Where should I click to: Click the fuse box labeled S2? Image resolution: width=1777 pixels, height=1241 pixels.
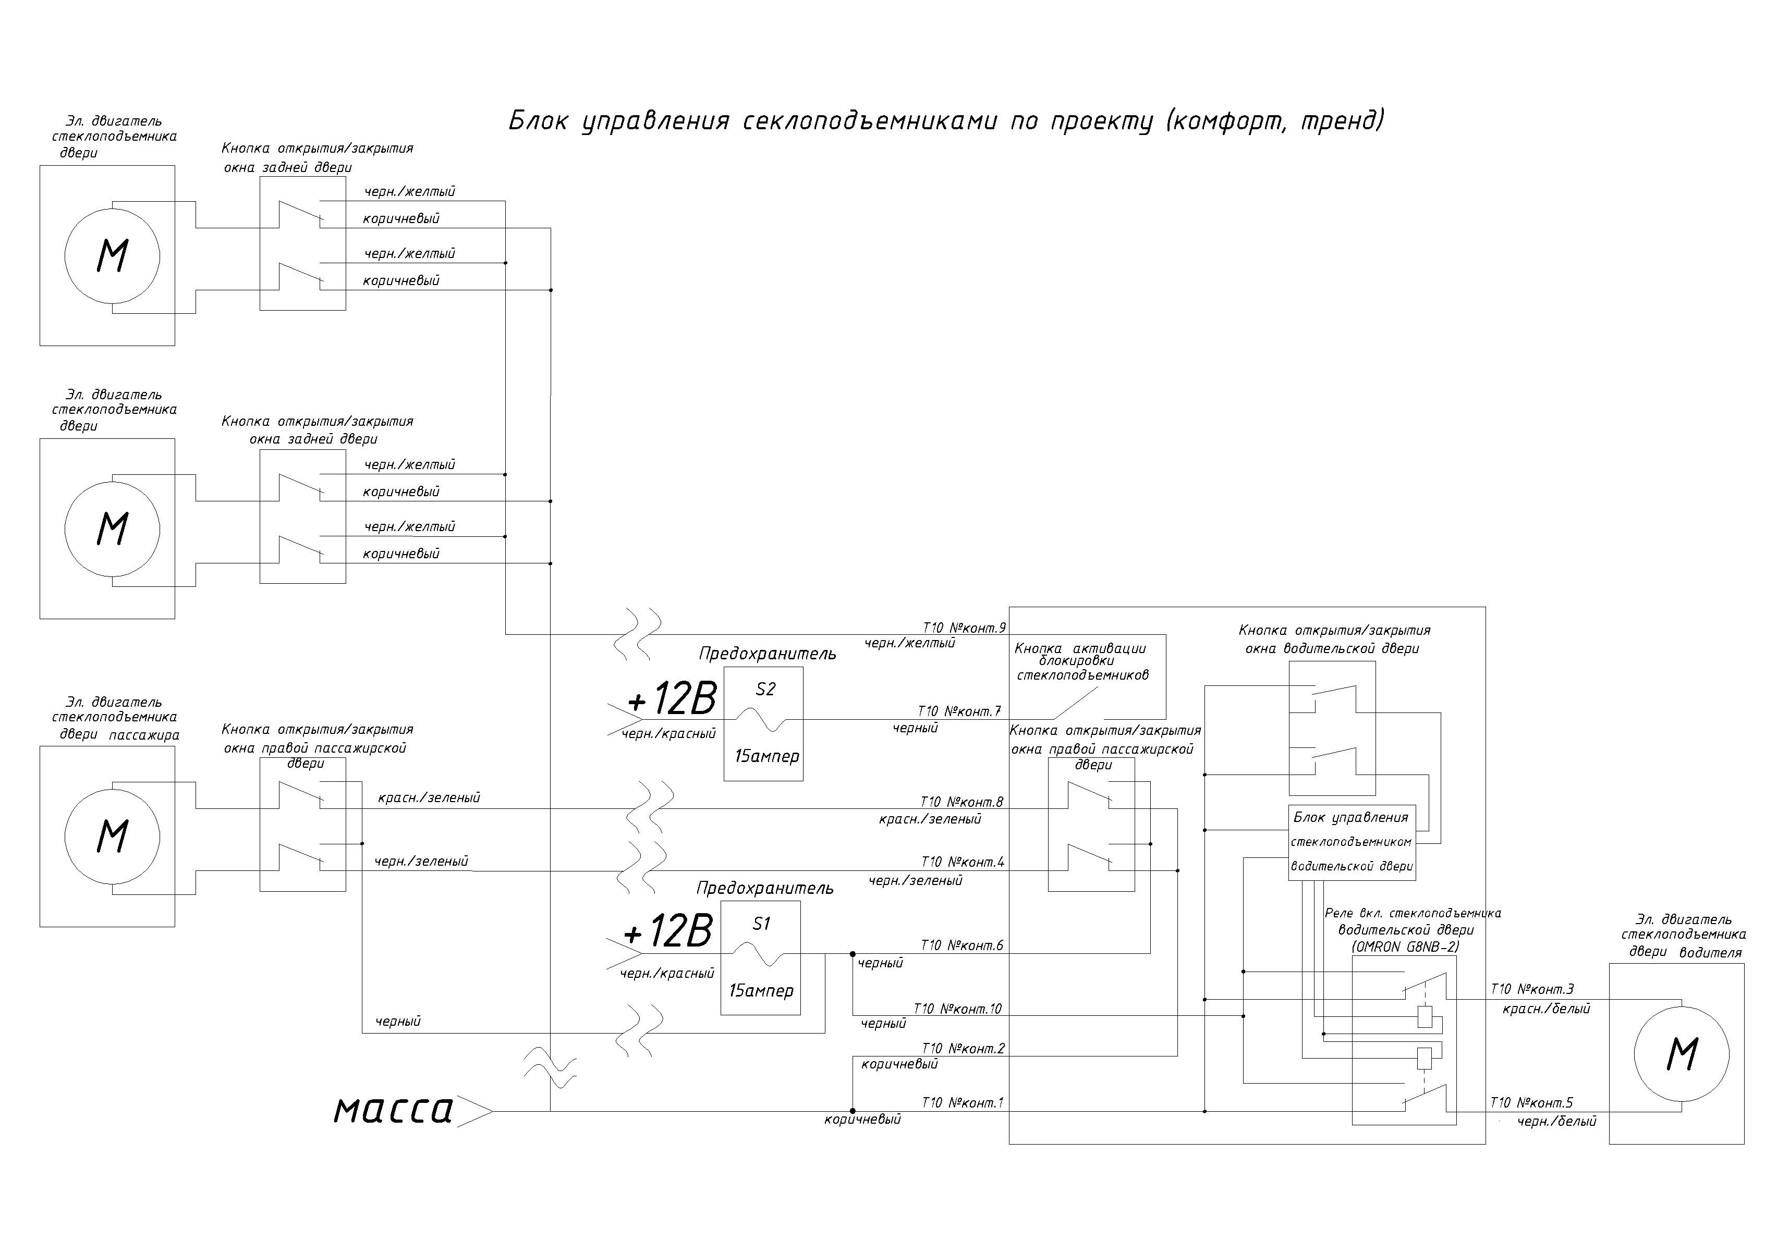click(x=763, y=723)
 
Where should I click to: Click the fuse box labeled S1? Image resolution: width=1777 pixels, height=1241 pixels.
click(x=760, y=958)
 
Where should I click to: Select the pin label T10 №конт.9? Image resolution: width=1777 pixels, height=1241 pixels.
click(x=964, y=628)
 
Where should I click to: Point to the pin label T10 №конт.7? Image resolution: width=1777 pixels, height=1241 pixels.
click(x=960, y=711)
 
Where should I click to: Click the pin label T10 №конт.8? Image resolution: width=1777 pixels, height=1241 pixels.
click(x=962, y=802)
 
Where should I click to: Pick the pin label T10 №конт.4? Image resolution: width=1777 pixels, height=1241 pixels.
click(x=962, y=862)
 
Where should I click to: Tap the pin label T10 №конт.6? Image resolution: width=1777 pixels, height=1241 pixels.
click(x=962, y=945)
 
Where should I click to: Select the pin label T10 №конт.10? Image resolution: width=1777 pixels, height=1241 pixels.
click(x=957, y=1009)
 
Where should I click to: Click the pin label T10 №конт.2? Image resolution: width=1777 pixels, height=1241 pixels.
click(x=963, y=1048)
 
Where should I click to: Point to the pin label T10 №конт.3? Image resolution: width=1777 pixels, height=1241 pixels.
click(x=1531, y=990)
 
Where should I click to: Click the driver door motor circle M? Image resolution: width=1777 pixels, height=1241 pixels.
click(x=1681, y=1054)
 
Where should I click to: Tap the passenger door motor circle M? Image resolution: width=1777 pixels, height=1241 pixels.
click(x=112, y=837)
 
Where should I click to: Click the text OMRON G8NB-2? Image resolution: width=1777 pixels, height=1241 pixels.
click(x=1405, y=946)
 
